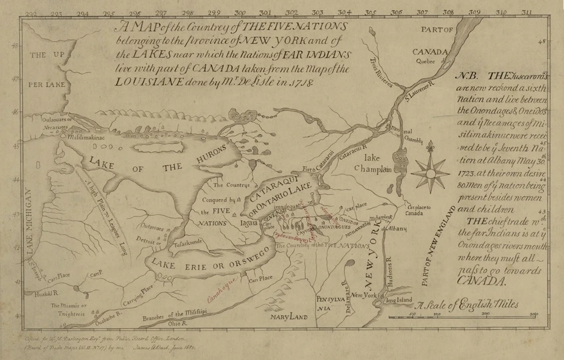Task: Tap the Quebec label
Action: click(x=425, y=61)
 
